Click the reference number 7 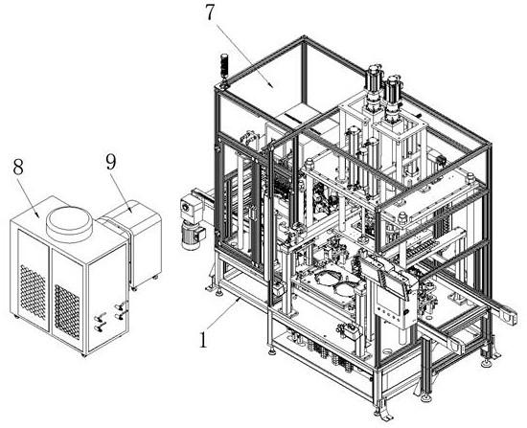click(210, 12)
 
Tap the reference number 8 click(18, 167)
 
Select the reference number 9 click(111, 163)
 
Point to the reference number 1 click(203, 340)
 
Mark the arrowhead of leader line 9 click(130, 210)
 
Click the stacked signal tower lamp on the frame click(224, 69)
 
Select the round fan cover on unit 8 click(69, 223)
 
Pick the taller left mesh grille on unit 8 click(33, 292)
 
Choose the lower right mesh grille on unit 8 click(67, 312)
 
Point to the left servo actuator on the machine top click(374, 88)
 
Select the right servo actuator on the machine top click(393, 100)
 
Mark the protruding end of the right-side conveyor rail click(509, 315)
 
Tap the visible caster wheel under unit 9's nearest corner click(134, 288)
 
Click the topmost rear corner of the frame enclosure click(304, 38)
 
